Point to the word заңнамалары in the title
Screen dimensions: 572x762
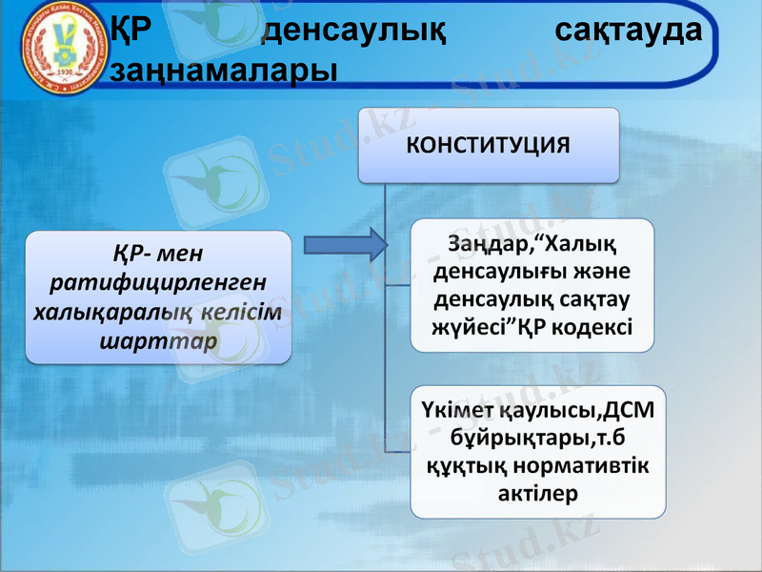(x=224, y=69)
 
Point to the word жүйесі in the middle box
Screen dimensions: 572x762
(x=474, y=327)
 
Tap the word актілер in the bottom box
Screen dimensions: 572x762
(x=539, y=494)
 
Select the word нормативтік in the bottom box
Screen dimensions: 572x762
(x=582, y=466)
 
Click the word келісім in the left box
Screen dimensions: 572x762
(x=242, y=312)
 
